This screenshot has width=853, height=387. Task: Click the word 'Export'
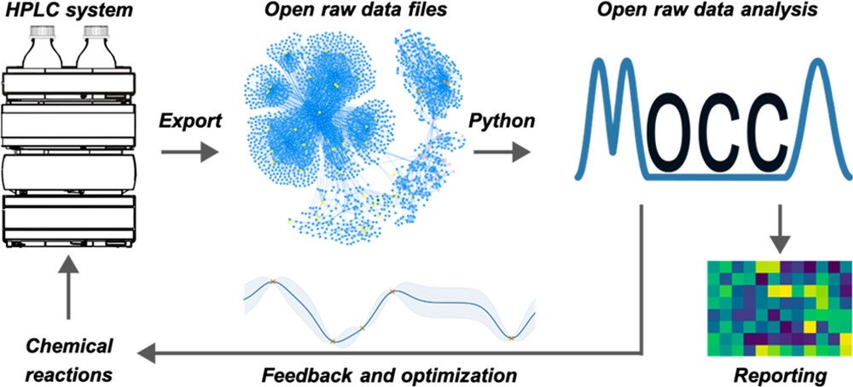[189, 121]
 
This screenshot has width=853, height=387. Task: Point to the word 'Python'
[502, 121]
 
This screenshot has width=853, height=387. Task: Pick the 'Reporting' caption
[773, 373]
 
